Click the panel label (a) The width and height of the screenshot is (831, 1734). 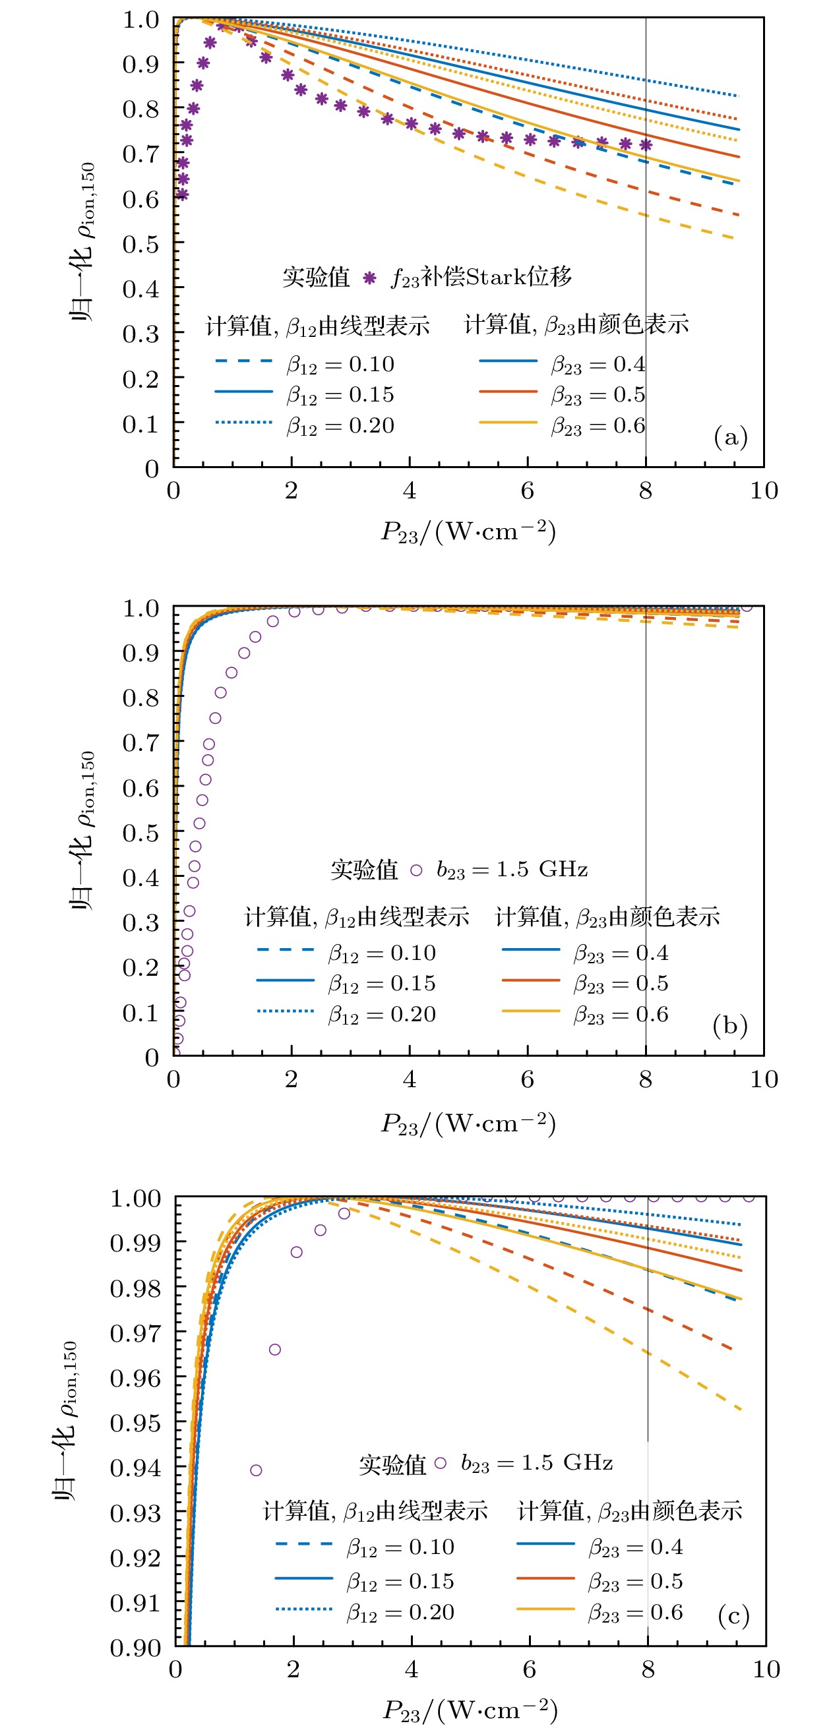pos(730,438)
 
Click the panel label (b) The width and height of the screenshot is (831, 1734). pos(730,1025)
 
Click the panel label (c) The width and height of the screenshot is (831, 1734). pos(733,1615)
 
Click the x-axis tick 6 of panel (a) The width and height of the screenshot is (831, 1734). pos(527,491)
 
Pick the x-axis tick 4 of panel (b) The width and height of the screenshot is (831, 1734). pos(410,1079)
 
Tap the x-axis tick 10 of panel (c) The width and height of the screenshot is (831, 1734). pos(766,1669)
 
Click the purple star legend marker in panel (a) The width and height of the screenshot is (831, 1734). pos(369,278)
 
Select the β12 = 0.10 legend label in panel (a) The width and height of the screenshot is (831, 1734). pos(340,365)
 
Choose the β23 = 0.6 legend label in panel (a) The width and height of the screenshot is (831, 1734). pos(598,426)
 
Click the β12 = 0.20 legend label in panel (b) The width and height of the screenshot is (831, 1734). pos(382,1015)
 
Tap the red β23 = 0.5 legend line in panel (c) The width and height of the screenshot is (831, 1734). pos(545,1578)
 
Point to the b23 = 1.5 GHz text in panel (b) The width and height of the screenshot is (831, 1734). pos(512,870)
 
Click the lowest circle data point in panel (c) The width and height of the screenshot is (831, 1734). pos(256,1470)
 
